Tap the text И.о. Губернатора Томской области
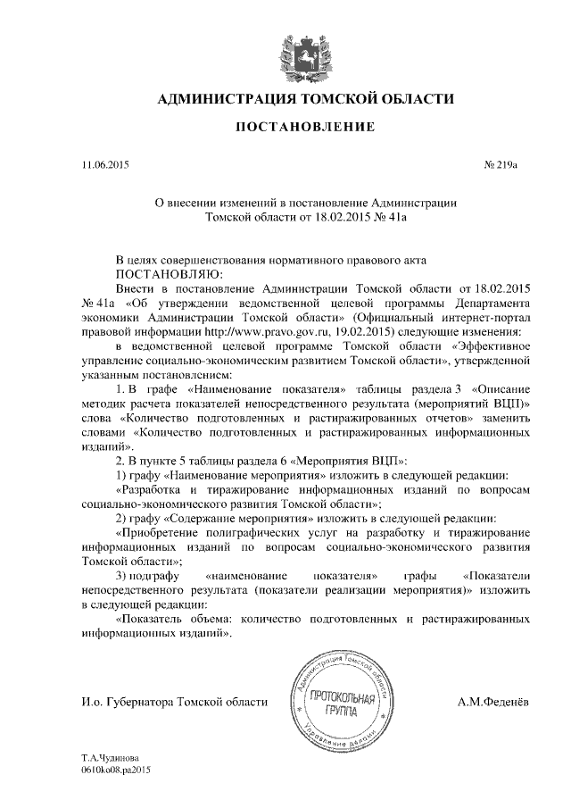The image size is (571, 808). point(174,703)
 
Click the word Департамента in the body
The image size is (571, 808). point(491,302)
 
